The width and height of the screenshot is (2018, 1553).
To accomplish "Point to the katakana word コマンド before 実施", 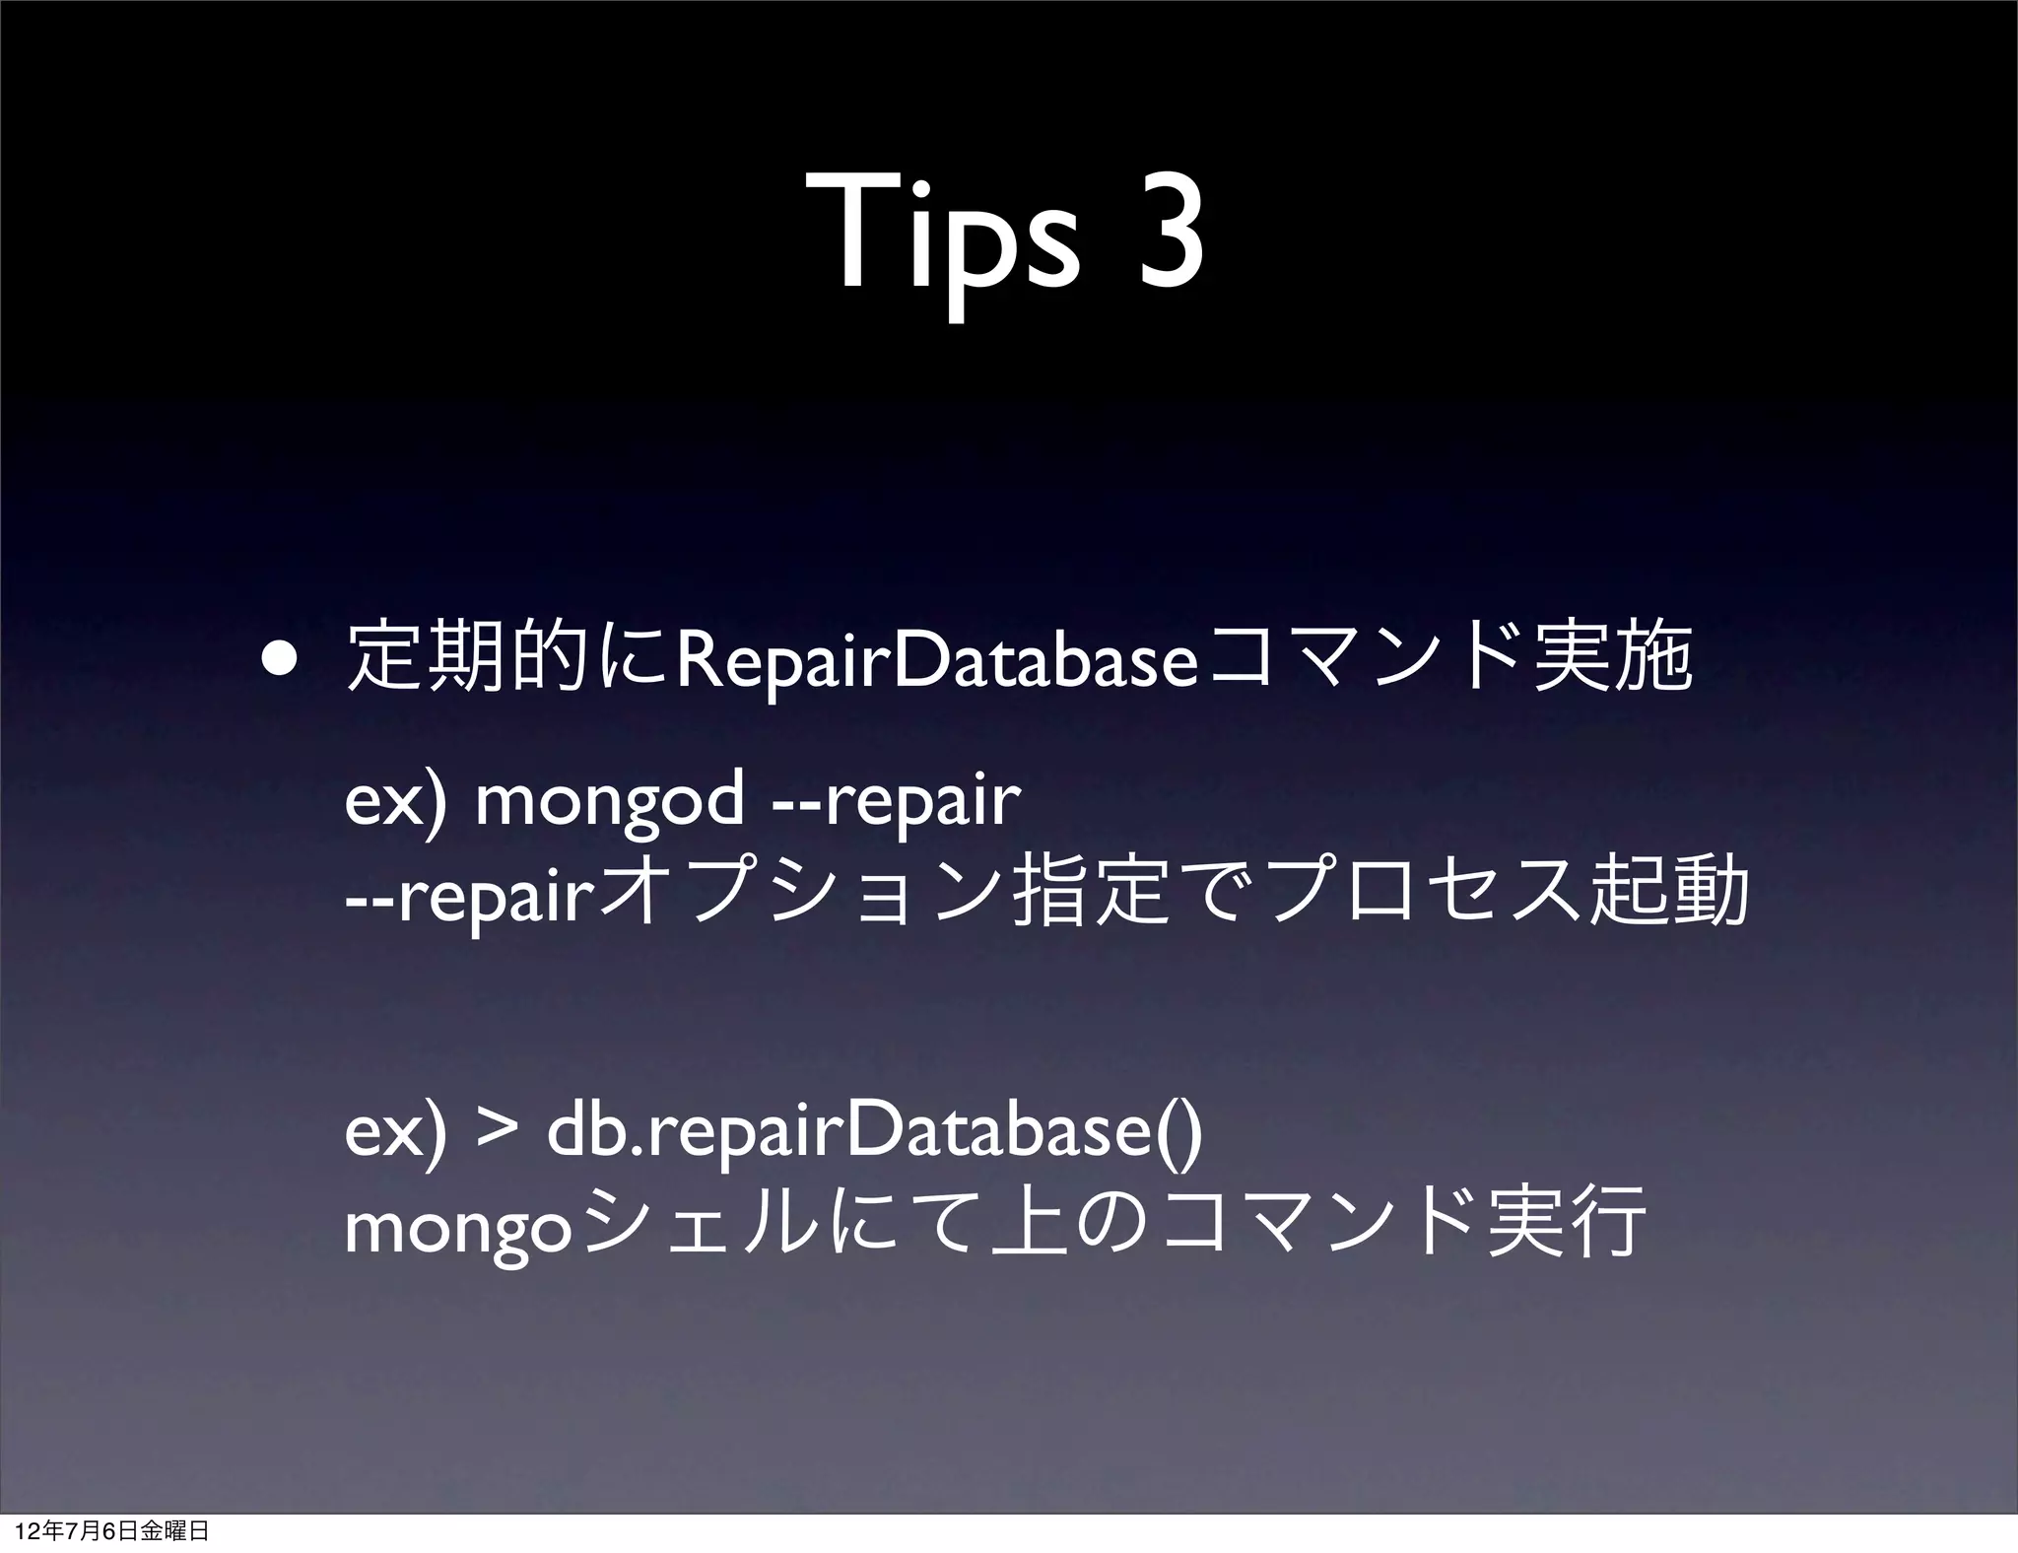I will point(1364,662).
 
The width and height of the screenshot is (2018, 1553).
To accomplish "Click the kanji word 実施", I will point(1612,662).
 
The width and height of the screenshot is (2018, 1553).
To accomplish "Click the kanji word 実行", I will point(1566,1227).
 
